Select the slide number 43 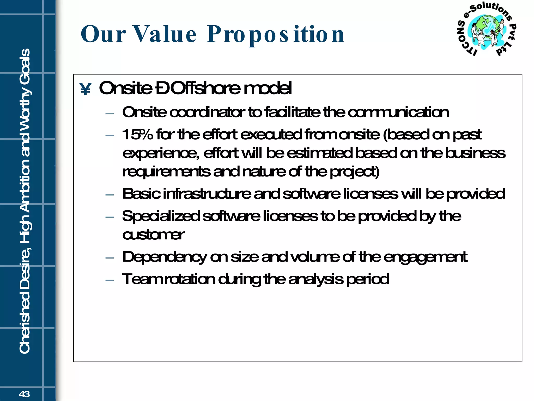(x=24, y=394)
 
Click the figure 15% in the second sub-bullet (x=137, y=134)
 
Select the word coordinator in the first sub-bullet (x=207, y=112)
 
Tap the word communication (x=398, y=112)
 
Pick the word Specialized (x=161, y=216)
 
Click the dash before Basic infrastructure (x=110, y=195)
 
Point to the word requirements (x=166, y=172)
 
